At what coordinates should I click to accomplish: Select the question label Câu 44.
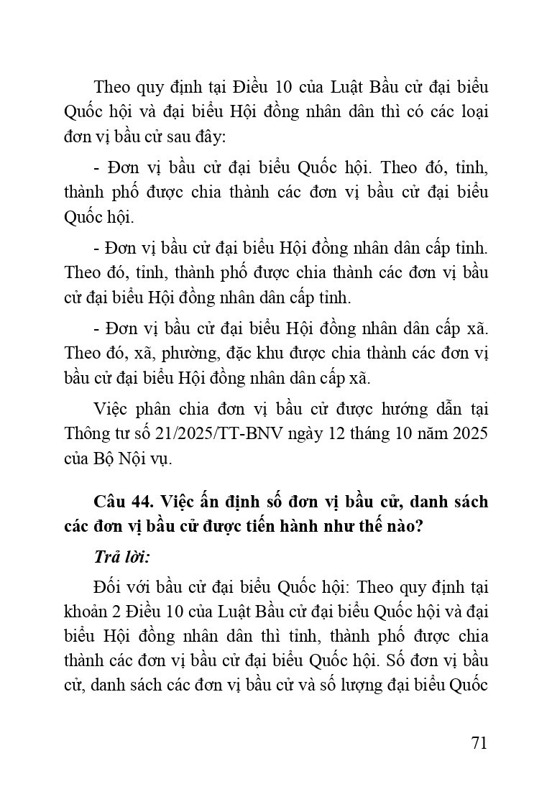pyautogui.click(x=119, y=502)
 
